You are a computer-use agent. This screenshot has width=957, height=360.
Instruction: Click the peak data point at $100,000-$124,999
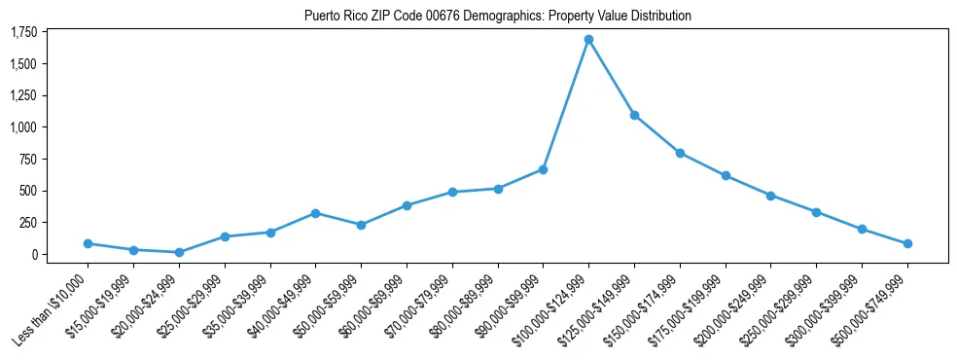(588, 40)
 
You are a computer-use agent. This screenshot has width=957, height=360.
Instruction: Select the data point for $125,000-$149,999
(634, 115)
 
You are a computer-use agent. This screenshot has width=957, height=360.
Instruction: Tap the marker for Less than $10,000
(88, 243)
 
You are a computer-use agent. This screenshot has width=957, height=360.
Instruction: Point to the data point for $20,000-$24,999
(179, 252)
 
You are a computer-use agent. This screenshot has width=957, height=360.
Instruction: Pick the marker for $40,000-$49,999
(315, 213)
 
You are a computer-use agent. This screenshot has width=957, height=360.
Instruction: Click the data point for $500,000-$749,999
(907, 243)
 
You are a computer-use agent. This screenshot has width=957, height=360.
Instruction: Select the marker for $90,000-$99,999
(543, 169)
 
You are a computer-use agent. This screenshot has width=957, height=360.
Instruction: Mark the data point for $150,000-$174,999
(680, 153)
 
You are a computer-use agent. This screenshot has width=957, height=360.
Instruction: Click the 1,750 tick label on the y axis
(23, 32)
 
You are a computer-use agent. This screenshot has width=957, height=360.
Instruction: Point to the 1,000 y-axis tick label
(23, 127)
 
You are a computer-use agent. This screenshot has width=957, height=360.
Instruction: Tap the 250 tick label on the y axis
(28, 223)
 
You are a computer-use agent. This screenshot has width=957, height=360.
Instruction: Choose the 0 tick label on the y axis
(34, 255)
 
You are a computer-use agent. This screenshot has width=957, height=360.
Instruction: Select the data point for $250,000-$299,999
(816, 212)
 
